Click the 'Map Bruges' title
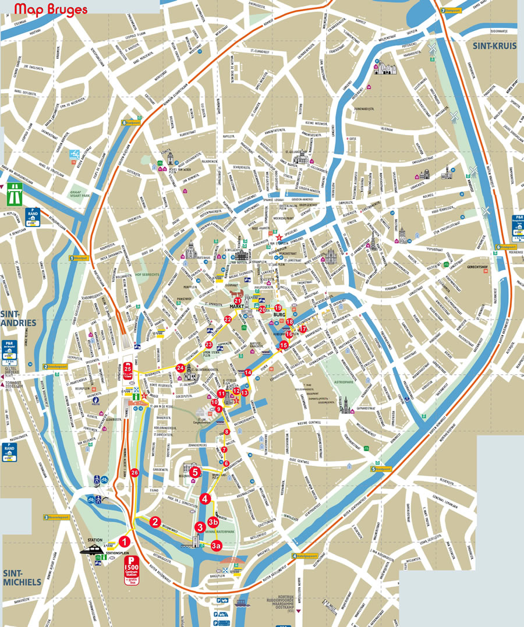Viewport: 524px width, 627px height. (x=51, y=10)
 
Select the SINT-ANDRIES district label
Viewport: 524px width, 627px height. (x=18, y=318)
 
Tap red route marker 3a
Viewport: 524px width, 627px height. (x=216, y=545)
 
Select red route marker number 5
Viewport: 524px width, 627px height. (x=195, y=472)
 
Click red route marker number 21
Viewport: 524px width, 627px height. (x=238, y=300)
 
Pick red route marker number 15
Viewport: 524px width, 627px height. (x=284, y=345)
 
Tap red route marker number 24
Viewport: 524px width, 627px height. (x=180, y=368)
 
